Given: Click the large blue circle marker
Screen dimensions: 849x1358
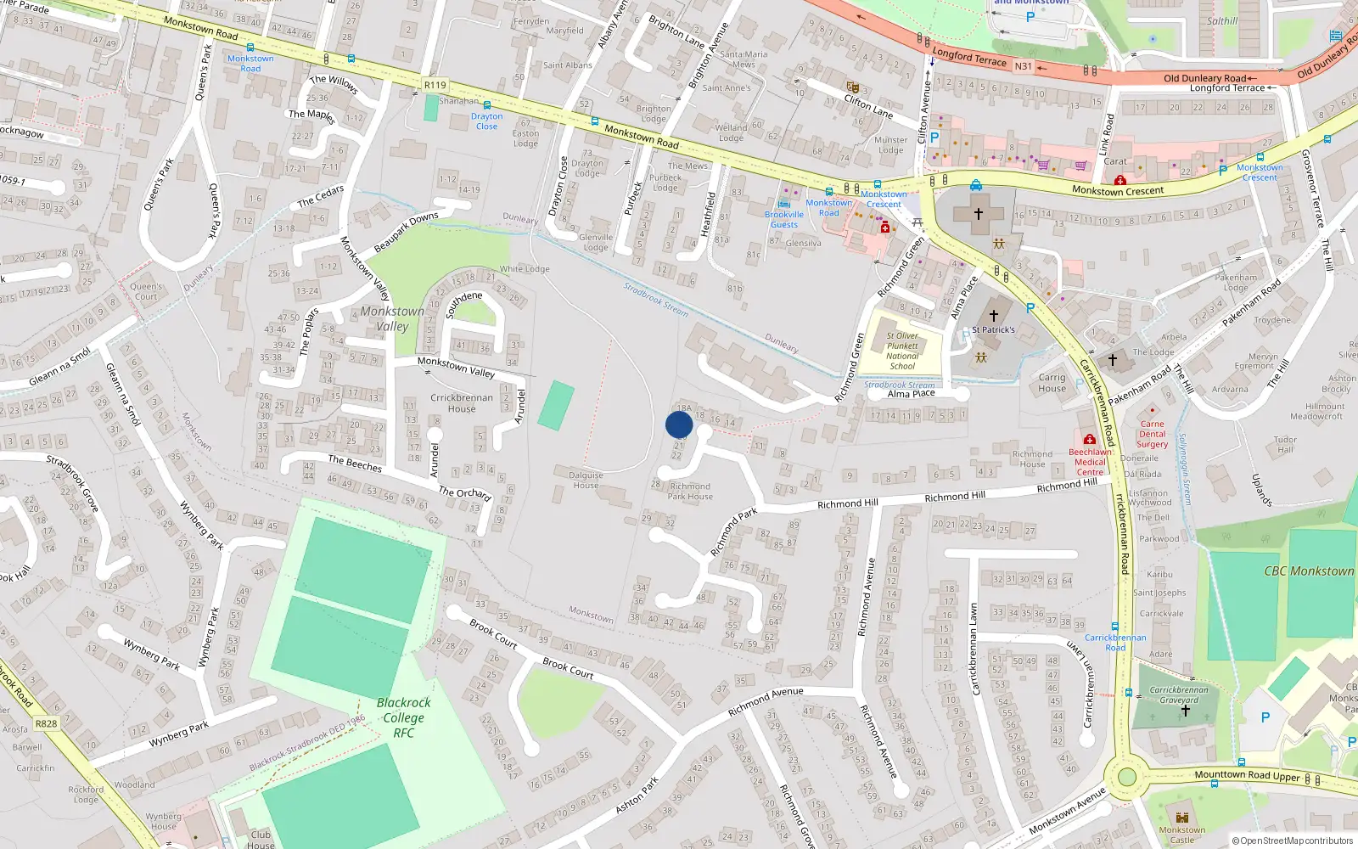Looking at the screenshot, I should pos(679,424).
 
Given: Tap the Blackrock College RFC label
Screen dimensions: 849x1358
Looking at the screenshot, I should pos(403,717).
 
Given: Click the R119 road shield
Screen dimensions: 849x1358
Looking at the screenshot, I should pos(435,85).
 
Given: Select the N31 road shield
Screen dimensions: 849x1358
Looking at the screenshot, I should pos(1024,66).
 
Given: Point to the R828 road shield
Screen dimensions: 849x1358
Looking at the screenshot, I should pos(46,723).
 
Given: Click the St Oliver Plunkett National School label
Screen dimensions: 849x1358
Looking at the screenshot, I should pos(902,351).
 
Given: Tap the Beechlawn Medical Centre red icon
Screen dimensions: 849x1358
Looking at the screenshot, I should pos(1089,440).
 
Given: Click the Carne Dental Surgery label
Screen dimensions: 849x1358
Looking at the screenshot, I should pos(1152,434).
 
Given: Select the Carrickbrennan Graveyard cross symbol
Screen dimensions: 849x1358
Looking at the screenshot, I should pos(1185,711).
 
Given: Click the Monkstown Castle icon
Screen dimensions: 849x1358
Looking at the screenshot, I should pos(1181,817).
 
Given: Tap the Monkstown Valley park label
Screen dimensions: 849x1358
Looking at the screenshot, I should pos(392,318).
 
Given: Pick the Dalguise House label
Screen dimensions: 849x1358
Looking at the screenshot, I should pos(586,481).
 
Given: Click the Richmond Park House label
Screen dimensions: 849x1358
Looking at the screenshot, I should pos(690,492).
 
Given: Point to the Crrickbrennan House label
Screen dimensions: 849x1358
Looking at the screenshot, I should pos(462,402).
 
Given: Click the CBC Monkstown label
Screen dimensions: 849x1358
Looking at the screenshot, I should pos(1309,571).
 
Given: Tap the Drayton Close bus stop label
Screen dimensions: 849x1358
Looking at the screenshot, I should pos(486,121).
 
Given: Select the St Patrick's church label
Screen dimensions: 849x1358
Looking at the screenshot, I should pos(993,329).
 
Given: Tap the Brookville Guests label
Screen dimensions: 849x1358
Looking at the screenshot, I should pos(783,219).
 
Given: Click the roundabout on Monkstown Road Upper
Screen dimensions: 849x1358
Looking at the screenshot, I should pos(1126,776).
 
